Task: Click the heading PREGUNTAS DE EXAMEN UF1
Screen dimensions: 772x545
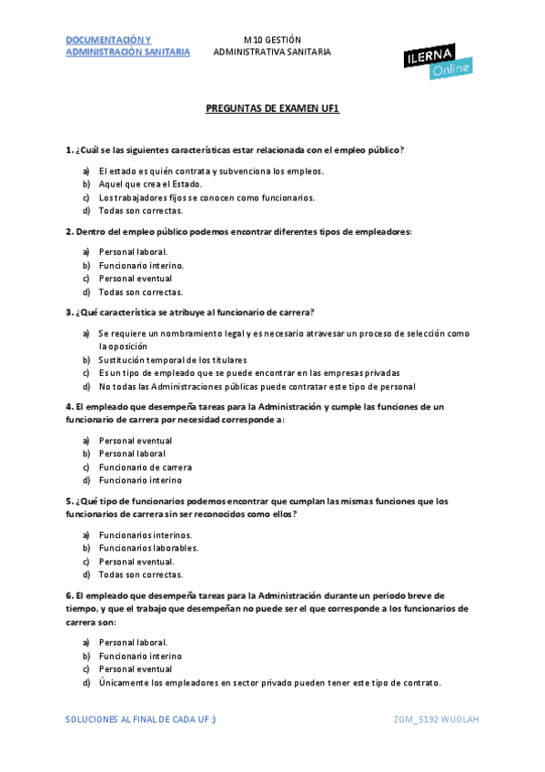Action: (272, 107)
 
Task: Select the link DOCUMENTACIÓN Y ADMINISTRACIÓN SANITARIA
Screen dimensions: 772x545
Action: (127, 46)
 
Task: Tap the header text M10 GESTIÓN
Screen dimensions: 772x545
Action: (272, 39)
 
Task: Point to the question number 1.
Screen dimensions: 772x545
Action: (69, 149)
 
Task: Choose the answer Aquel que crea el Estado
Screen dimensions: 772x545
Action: (150, 184)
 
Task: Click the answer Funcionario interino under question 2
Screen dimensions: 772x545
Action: (141, 265)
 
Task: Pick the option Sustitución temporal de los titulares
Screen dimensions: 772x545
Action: (172, 360)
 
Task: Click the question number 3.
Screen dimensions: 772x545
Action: (69, 312)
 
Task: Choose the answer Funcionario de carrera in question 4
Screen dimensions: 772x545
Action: (145, 467)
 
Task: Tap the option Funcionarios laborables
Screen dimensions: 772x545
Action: (148, 548)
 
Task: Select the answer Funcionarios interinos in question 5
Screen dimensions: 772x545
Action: (146, 535)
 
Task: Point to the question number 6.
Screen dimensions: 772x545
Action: (69, 594)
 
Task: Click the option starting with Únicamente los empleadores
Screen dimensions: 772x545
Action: (269, 683)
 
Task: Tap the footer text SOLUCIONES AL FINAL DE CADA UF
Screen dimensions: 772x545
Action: (141, 720)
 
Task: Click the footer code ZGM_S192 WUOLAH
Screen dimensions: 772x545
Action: (436, 720)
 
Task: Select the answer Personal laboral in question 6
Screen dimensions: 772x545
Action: (133, 642)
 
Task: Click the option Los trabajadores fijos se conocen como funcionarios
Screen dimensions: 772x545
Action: (207, 197)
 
